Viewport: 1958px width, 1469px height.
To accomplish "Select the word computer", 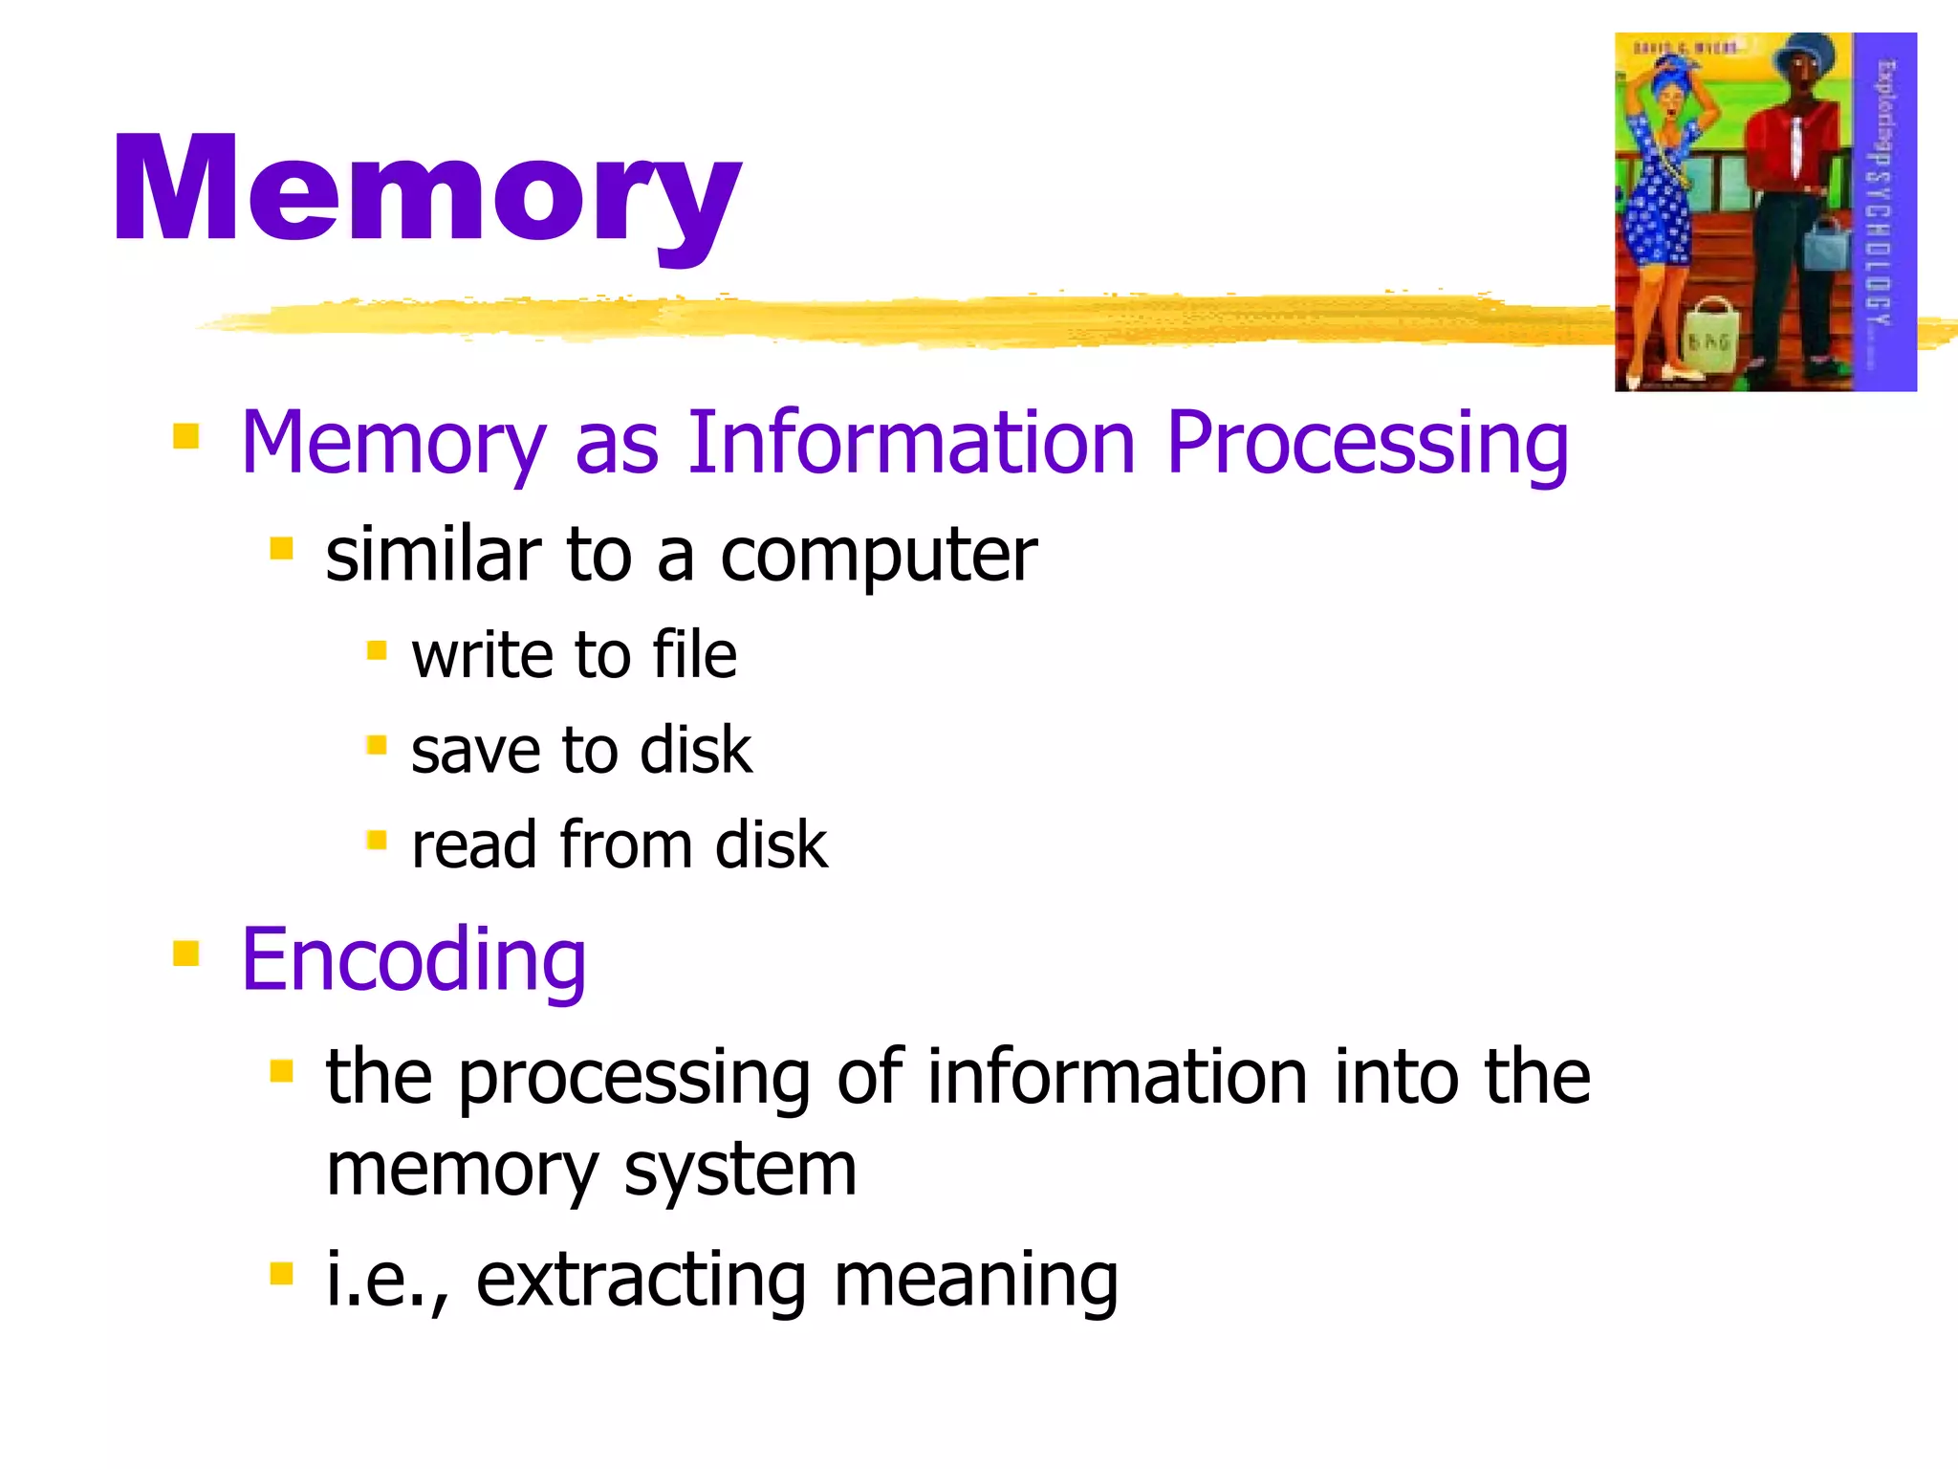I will [x=878, y=557].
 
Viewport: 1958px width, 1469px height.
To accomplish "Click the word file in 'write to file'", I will [x=694, y=655].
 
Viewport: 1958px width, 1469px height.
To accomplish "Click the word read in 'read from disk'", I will [x=473, y=845].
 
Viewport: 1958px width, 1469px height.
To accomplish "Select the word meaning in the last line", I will [x=975, y=1280].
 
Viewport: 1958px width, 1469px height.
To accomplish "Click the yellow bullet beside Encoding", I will [x=185, y=953].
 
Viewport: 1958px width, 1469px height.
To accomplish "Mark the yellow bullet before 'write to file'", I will [x=377, y=650].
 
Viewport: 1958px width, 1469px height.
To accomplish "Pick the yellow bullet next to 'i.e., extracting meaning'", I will [x=281, y=1273].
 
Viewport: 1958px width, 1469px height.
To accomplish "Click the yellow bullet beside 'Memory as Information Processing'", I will [x=185, y=436].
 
